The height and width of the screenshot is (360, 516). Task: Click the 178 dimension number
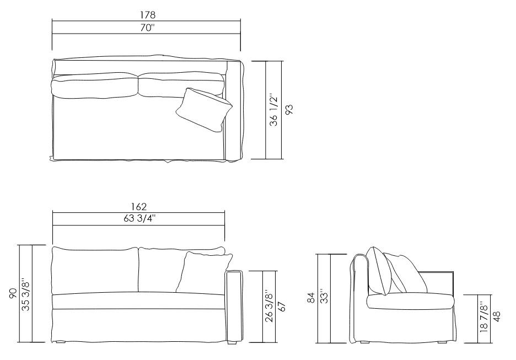(146, 15)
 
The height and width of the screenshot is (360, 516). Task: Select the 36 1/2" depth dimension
(273, 110)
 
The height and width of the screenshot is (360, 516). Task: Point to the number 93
(287, 110)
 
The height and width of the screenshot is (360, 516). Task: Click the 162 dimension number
(139, 207)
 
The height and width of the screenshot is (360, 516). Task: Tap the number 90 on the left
(13, 294)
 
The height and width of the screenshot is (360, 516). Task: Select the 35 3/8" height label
(25, 294)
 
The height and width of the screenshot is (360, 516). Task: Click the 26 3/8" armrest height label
(268, 307)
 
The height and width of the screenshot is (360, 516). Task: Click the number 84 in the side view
(311, 298)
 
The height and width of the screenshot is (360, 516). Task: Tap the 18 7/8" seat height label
(483, 317)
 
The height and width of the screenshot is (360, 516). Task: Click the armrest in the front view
(234, 306)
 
